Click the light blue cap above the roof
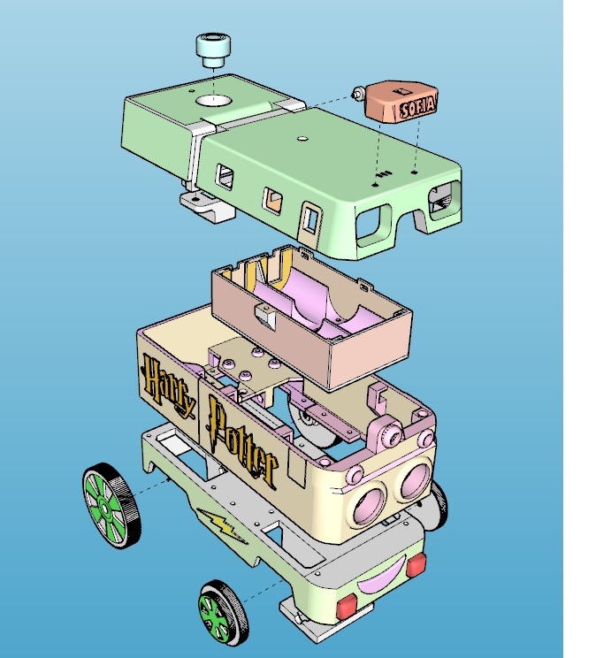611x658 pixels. click(213, 50)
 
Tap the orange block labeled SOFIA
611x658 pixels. click(401, 102)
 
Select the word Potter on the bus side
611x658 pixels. click(241, 440)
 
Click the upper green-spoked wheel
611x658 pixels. click(111, 506)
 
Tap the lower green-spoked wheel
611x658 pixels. click(223, 613)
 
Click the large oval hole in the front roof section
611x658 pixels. click(213, 100)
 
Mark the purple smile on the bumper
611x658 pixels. click(382, 575)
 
